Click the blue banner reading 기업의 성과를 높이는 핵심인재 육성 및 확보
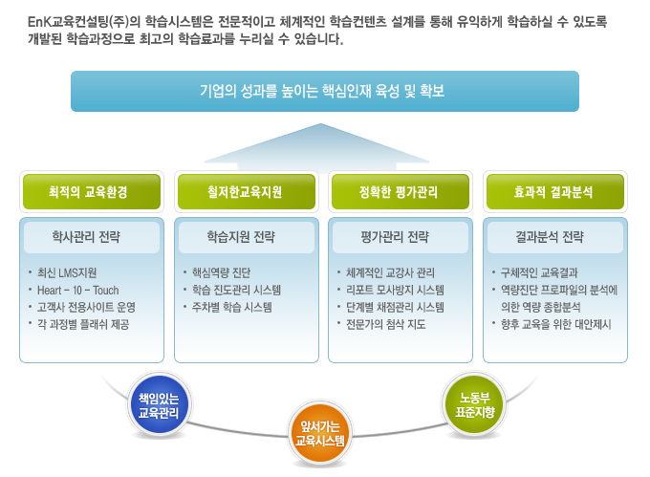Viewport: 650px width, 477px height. coord(325,91)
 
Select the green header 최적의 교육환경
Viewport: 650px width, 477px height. coord(92,191)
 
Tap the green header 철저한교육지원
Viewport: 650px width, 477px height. coord(247,191)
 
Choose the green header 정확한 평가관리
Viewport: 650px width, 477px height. coord(401,191)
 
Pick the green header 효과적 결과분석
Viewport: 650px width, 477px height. coord(555,191)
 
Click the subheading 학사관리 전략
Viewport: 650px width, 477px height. coord(86,237)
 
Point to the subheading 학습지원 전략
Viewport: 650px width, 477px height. coord(241,237)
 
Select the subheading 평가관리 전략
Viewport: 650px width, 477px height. coord(395,237)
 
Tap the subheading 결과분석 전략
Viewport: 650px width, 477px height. coord(550,237)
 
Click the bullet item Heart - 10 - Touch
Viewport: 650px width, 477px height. coord(78,290)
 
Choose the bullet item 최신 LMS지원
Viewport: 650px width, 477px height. coord(67,272)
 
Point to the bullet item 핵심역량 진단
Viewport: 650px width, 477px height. coord(222,272)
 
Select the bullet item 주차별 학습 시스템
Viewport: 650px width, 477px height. coord(232,307)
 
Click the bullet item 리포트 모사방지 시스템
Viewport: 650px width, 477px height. coord(395,290)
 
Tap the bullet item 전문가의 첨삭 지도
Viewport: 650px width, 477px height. coord(386,324)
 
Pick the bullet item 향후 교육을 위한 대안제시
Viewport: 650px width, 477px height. coord(556,324)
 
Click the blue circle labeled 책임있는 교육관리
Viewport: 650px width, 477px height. coord(159,405)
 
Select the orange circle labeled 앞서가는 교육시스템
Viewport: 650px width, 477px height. coord(320,433)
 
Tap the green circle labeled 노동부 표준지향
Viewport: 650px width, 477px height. coord(475,405)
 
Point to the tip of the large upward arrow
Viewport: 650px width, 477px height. coord(320,123)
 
